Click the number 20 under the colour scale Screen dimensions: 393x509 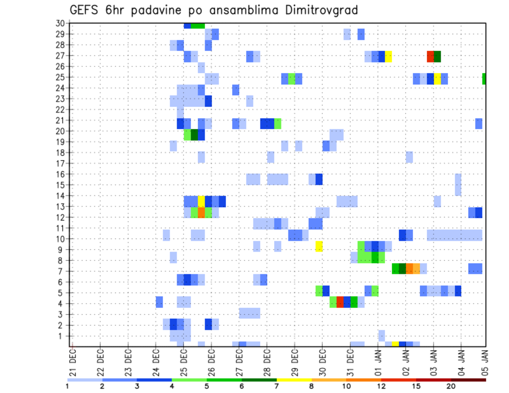coord(451,386)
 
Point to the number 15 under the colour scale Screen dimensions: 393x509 coord(417,386)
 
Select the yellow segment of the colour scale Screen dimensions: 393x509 coord(294,380)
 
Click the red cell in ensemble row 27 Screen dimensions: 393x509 coord(431,56)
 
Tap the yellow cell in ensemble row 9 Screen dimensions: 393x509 coord(319,246)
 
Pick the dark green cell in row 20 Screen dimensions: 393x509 coord(194,135)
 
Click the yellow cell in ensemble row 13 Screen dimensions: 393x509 coord(201,201)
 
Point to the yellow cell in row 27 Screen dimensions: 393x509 coord(389,56)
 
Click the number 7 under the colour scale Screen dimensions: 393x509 coord(277,386)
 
